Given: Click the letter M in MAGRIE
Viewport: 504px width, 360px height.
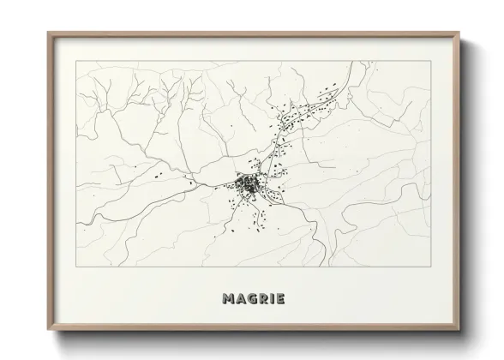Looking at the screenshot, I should click(227, 300).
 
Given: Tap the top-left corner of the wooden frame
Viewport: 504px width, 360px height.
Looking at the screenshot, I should click(47, 33).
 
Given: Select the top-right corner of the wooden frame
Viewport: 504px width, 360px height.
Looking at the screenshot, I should click(458, 33).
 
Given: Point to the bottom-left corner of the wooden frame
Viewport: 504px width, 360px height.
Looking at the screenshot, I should click(47, 328).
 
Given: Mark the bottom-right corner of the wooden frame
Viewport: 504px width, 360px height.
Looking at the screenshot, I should click(458, 328).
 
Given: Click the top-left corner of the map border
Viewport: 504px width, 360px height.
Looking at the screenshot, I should click(76, 62).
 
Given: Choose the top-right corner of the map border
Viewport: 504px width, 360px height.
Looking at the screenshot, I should click(429, 62).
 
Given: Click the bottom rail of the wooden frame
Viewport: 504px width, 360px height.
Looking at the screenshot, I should click(252, 327).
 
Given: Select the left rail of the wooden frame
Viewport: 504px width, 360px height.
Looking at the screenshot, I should click(49, 180).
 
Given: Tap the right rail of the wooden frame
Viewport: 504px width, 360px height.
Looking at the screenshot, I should click(456, 180).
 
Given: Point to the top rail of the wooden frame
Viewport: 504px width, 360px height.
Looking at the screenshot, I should click(252, 34).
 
